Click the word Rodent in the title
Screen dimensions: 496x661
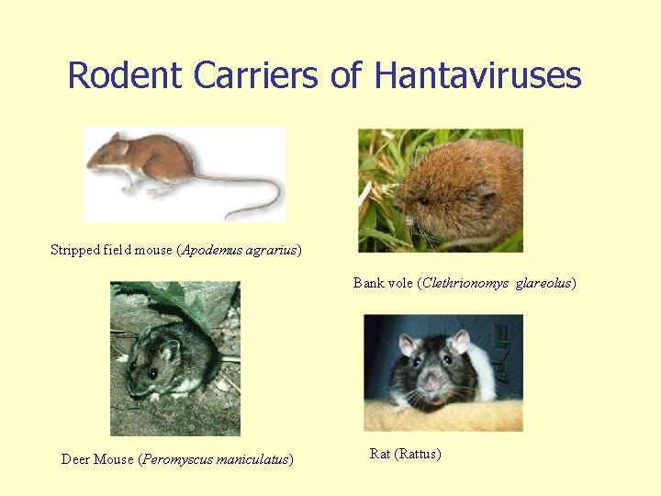click(126, 75)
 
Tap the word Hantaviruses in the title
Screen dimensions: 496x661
click(477, 75)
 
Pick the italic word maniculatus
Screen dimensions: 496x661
click(252, 459)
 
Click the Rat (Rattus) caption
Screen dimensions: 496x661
click(405, 454)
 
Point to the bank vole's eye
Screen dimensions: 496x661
click(424, 199)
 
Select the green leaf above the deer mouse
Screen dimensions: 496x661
click(174, 299)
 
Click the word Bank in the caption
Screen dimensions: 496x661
click(368, 283)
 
